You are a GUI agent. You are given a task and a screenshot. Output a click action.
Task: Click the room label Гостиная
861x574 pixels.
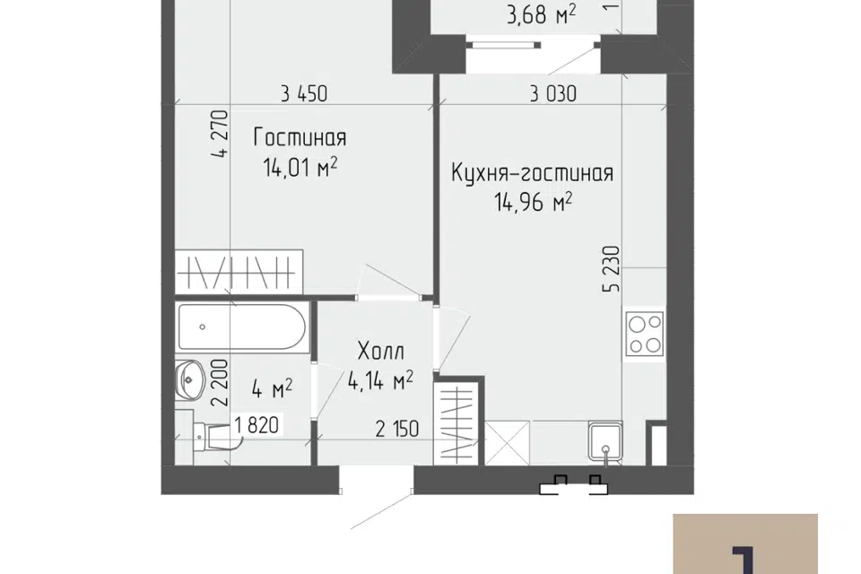click(x=300, y=137)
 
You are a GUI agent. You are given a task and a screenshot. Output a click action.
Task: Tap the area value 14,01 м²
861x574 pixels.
click(x=300, y=167)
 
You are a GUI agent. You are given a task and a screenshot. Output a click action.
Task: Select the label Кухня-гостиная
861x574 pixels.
click(x=532, y=173)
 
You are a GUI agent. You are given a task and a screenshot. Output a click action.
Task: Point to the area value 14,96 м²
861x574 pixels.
click(x=533, y=202)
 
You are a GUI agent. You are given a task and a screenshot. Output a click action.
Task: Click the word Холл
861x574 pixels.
click(x=380, y=351)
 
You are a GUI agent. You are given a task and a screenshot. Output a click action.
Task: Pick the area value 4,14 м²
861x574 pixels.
click(x=380, y=379)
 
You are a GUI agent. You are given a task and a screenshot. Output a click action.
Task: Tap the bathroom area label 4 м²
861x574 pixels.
click(x=272, y=389)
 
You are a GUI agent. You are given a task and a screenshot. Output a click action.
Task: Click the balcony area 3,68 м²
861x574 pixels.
click(x=541, y=15)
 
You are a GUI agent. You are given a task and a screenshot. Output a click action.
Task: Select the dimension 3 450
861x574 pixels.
click(x=304, y=94)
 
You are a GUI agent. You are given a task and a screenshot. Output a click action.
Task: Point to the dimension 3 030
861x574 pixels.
click(x=553, y=94)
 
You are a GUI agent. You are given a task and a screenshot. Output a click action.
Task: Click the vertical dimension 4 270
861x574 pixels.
click(x=221, y=134)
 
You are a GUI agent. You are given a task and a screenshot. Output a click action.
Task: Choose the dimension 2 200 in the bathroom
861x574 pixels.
click(x=221, y=382)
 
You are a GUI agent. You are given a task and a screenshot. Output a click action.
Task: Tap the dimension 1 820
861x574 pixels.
click(x=257, y=424)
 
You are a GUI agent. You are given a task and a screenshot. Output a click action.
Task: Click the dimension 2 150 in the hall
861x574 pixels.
click(x=397, y=429)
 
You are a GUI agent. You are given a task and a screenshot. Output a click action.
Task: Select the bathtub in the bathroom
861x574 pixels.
click(x=241, y=326)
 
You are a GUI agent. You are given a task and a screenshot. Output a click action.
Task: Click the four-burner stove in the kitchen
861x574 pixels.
click(x=645, y=335)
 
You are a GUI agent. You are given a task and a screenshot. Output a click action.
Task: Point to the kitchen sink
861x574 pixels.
click(x=605, y=442)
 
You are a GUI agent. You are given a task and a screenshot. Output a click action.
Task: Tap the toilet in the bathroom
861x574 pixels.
click(x=213, y=437)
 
